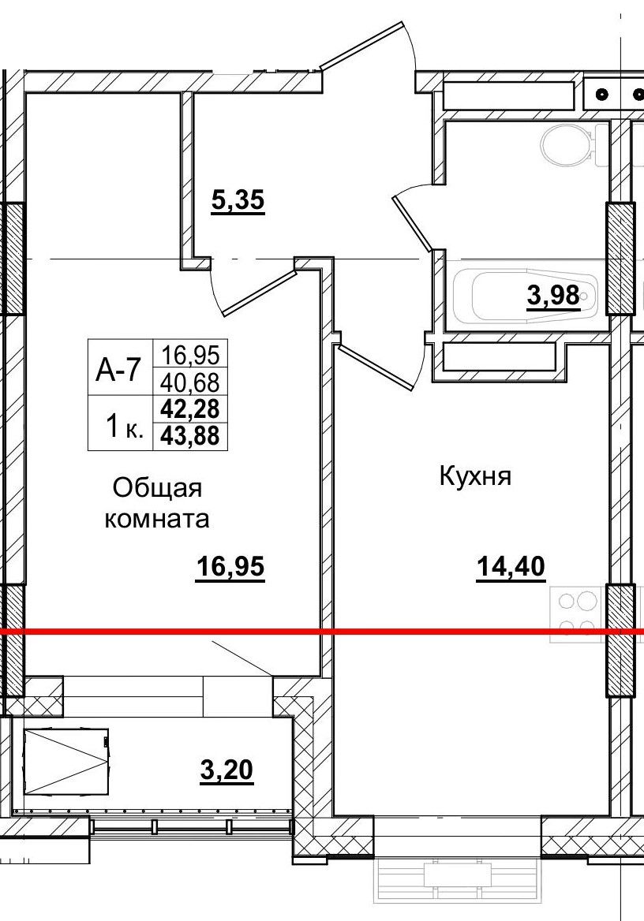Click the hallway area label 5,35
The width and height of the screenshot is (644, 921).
237,202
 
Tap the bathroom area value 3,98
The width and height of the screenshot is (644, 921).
553,297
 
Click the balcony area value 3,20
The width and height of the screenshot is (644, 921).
227,768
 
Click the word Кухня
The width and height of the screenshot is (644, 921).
476,476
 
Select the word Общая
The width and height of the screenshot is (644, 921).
158,488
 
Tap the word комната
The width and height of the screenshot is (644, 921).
158,519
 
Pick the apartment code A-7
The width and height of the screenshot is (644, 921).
118,369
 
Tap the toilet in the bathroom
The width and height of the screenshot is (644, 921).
567,144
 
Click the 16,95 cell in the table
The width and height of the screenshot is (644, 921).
193,354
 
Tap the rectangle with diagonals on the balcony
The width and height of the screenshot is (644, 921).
66,762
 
